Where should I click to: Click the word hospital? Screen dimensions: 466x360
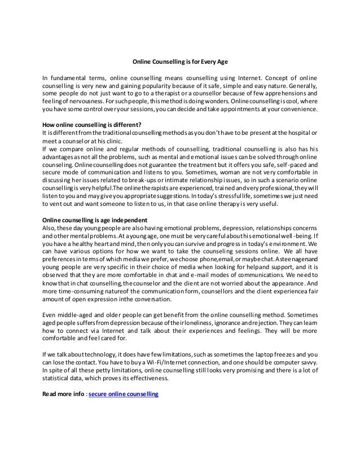point(297,133)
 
